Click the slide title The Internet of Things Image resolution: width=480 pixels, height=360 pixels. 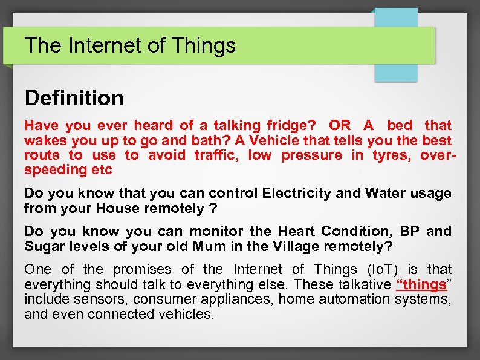tap(130, 45)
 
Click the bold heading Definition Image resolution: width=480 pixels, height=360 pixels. tap(74, 98)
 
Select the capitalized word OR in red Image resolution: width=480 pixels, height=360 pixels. tap(339, 125)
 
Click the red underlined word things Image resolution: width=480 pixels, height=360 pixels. tap(421, 284)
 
